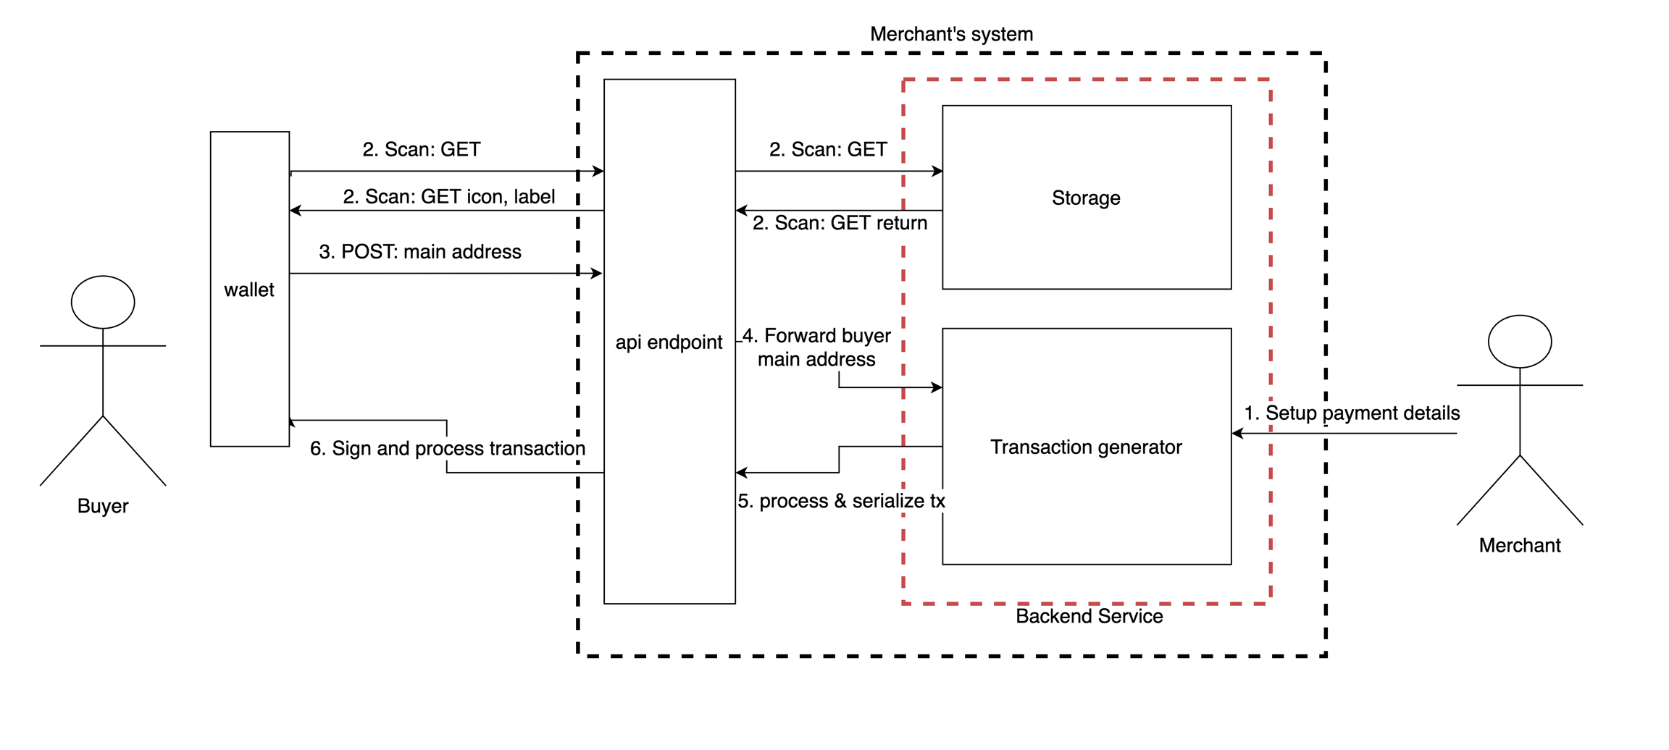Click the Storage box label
point(1086,198)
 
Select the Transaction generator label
point(1086,447)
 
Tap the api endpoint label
point(669,342)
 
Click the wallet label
point(249,290)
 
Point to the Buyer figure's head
point(103,302)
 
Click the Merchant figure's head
point(1520,341)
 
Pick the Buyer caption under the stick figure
point(103,506)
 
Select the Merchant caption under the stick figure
point(1520,545)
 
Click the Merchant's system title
point(951,34)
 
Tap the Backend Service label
point(1089,616)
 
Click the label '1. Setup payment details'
point(1352,413)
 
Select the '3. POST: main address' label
point(420,252)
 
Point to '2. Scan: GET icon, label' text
point(449,197)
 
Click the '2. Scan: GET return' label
point(840,223)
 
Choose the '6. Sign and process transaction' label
point(448,449)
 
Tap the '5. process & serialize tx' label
point(841,501)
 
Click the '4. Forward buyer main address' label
point(816,347)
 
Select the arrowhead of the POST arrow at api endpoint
point(598,274)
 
